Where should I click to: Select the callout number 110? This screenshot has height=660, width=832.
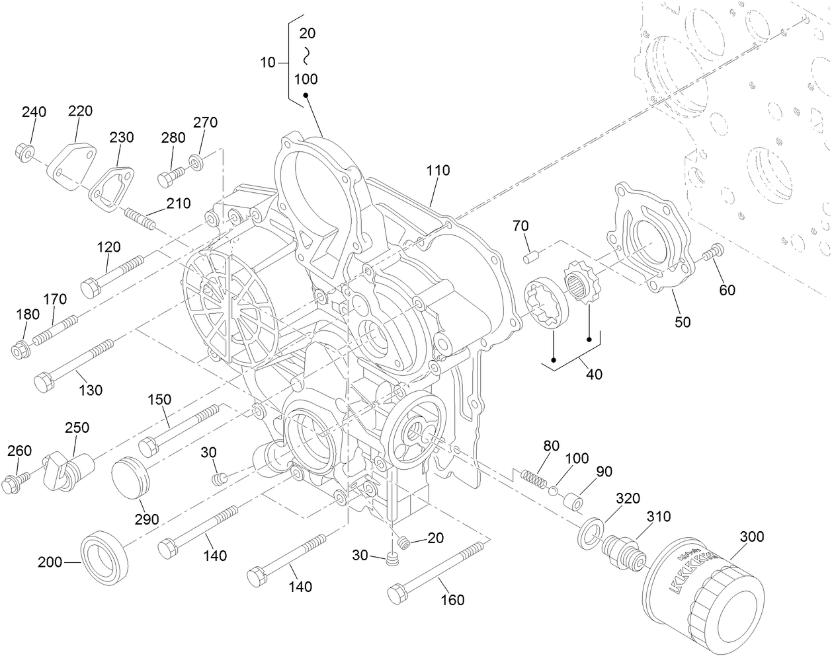tap(438, 170)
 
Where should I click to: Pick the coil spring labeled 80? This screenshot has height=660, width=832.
tap(534, 477)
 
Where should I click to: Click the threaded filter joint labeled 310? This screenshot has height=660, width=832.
tap(623, 550)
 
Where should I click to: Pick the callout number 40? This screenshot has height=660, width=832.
tap(594, 374)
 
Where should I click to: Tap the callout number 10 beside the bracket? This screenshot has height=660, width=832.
tap(268, 63)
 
